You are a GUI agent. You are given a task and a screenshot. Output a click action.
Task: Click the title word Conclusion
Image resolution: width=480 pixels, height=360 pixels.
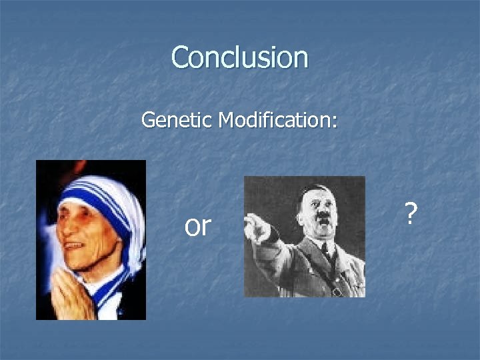(239, 57)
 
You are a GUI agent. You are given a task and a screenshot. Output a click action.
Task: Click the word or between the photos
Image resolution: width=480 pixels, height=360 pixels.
(197, 227)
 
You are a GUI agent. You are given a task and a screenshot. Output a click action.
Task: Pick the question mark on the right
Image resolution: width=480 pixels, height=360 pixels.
(411, 214)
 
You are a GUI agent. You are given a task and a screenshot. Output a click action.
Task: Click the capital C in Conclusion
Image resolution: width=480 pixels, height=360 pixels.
(181, 58)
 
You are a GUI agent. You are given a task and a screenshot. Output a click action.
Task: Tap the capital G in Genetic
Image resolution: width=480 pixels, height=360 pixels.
(148, 120)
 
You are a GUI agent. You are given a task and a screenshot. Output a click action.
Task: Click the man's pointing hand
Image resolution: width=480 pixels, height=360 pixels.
(254, 224)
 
